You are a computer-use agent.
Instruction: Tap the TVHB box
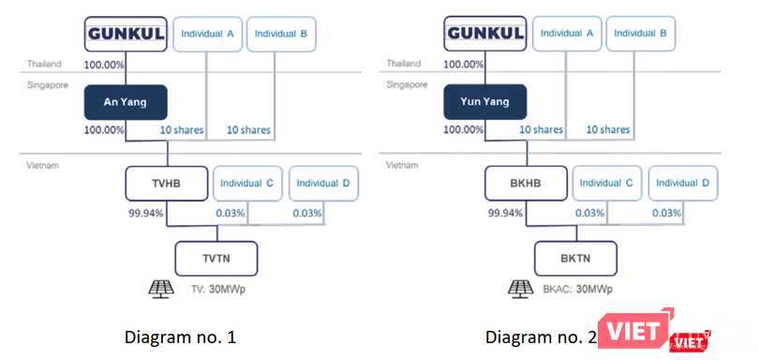pos(167,184)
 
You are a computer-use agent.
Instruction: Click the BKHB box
pos(526,184)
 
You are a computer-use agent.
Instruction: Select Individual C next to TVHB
pos(246,184)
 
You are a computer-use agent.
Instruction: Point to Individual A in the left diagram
pos(208,34)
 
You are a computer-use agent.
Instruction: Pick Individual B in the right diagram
pos(642,34)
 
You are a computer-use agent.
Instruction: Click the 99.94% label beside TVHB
pos(145,214)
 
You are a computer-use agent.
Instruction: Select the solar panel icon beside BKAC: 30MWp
pos(521,288)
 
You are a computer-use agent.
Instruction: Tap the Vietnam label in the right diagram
pos(401,165)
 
